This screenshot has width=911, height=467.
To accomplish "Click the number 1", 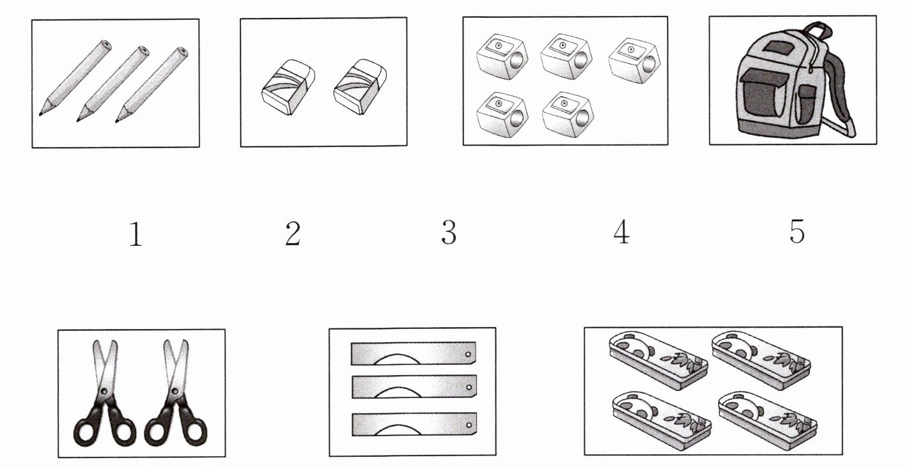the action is click(136, 234).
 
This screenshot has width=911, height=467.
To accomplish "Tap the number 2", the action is click(293, 233).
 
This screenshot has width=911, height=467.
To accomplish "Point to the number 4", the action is click(621, 232).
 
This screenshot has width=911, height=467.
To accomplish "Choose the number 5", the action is click(797, 231).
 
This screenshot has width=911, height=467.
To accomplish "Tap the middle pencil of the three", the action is click(113, 84).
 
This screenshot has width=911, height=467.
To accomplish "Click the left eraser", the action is click(288, 87).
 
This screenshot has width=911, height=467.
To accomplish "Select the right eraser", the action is click(360, 87).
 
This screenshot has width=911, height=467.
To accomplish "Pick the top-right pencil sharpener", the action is click(634, 61).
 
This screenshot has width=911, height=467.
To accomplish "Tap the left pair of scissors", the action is click(104, 394).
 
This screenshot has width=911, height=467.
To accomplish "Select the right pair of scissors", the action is click(176, 394).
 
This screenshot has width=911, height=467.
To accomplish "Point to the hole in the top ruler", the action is click(468, 355).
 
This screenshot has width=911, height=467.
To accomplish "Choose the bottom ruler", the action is click(414, 425).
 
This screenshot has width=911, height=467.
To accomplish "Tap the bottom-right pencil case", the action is click(768, 421).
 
